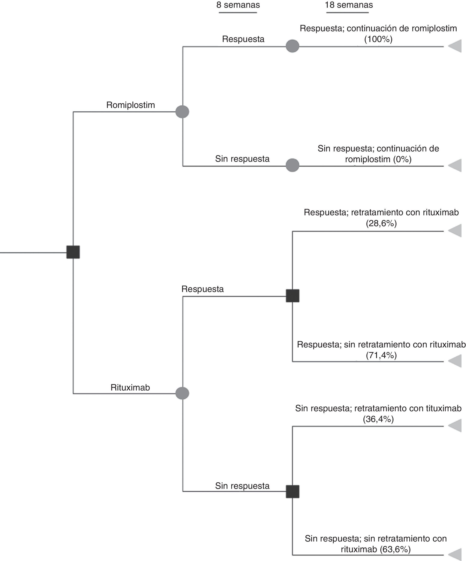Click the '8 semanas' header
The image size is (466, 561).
(238, 5)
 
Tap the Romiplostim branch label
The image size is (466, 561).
(131, 105)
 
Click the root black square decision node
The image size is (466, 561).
(73, 252)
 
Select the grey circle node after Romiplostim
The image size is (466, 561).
(182, 111)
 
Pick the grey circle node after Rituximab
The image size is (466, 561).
(182, 393)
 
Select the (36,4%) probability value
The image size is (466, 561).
(378, 419)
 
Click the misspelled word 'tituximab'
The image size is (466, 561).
(444, 408)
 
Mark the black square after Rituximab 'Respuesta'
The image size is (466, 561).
(293, 296)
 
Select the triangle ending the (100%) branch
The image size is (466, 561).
(456, 46)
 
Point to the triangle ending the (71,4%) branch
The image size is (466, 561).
(456, 361)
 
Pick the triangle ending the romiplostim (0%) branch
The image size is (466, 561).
(456, 165)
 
